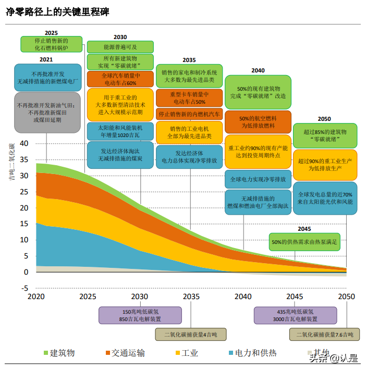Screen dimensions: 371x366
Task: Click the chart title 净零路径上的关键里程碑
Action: pyautogui.click(x=57, y=11)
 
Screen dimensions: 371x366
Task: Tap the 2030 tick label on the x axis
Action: pyautogui.click(x=139, y=296)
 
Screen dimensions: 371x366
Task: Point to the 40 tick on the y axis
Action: pyautogui.click(x=23, y=144)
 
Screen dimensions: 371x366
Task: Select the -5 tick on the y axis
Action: pyautogui.click(x=23, y=288)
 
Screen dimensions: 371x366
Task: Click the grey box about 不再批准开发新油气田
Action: pyautogui.click(x=47, y=112)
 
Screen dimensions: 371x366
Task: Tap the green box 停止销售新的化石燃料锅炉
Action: pyautogui.click(x=51, y=44)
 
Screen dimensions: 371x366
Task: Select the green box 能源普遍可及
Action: pyautogui.click(x=120, y=46)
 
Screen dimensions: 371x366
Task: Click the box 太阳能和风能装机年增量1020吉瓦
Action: pyautogui.click(x=120, y=130)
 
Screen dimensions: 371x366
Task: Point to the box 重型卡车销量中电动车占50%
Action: pyautogui.click(x=189, y=98)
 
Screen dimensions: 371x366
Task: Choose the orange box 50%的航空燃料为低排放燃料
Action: pyautogui.click(x=257, y=122)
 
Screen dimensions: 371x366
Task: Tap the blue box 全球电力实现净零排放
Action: pyautogui.click(x=257, y=179)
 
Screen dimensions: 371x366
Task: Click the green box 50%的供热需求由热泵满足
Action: pyautogui.click(x=304, y=241)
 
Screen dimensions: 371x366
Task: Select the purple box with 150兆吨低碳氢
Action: pyautogui.click(x=140, y=315)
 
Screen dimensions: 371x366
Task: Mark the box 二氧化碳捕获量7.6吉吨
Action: pyautogui.click(x=324, y=334)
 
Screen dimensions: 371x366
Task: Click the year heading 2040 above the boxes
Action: pyautogui.click(x=258, y=70)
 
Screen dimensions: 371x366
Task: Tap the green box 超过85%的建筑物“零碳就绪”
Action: pyautogui.click(x=324, y=136)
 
